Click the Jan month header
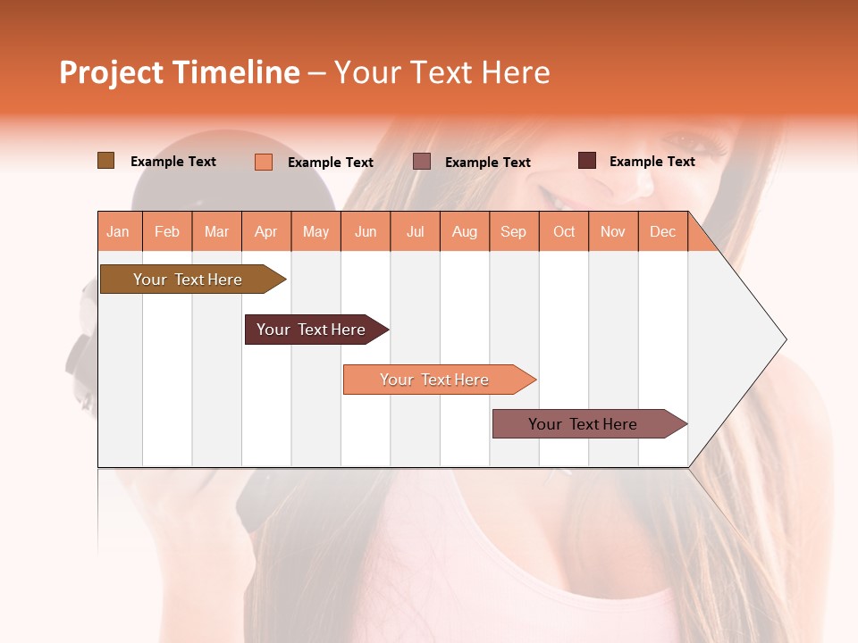(x=119, y=231)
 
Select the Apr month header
(x=266, y=231)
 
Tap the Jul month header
(x=415, y=231)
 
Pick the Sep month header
(x=513, y=231)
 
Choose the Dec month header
(x=662, y=231)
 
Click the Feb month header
(x=167, y=231)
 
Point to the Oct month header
(x=564, y=231)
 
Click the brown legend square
(x=105, y=161)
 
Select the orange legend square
(x=264, y=162)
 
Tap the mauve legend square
(x=422, y=161)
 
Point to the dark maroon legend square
(x=587, y=161)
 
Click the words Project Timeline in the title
(x=179, y=72)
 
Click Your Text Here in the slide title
(x=442, y=72)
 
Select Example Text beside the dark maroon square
(x=652, y=162)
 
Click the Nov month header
(x=613, y=231)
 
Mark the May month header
(x=315, y=231)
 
